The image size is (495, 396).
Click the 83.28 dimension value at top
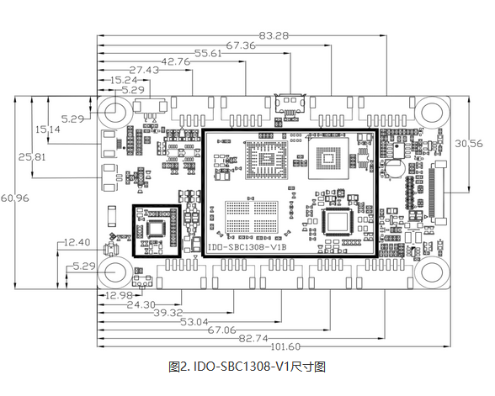[x=274, y=35]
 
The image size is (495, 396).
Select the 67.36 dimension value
[x=241, y=45]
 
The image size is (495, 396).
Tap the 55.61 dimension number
[x=208, y=54]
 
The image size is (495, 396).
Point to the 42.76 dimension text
[x=176, y=62]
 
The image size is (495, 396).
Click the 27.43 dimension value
[x=144, y=70]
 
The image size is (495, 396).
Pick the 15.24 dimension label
[x=124, y=80]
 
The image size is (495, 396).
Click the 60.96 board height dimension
[x=15, y=198]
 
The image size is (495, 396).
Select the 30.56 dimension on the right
[x=469, y=144]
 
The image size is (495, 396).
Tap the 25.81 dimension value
[x=32, y=157]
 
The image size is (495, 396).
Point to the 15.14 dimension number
[x=48, y=129]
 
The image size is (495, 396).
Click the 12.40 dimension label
[x=77, y=242]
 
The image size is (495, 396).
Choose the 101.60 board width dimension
[x=285, y=346]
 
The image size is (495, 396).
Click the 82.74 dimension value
[x=253, y=339]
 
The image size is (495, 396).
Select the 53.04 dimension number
[x=194, y=322]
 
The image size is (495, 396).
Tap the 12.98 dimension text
[x=119, y=296]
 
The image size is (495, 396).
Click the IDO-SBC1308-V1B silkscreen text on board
[x=247, y=247]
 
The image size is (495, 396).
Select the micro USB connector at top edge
[x=290, y=104]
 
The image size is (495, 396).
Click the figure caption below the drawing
[x=247, y=367]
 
